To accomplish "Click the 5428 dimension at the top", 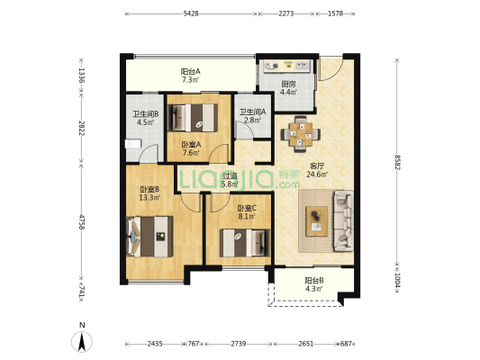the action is tap(191, 13).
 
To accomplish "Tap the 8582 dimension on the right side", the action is tap(397, 162).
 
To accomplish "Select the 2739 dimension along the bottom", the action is tap(238, 344).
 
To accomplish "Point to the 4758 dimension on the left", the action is tap(81, 221).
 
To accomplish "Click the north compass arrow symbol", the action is tap(82, 342).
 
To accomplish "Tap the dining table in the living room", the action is tap(301, 134).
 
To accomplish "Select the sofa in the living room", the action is tap(343, 220).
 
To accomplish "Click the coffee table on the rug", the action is tap(317, 221).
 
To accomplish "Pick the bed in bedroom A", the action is tap(193, 118).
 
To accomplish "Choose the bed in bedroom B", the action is tap(149, 237).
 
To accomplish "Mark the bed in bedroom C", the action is tap(245, 243).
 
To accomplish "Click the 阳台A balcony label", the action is tap(190, 72).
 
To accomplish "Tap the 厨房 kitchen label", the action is tap(288, 84).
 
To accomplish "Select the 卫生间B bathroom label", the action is tap(145, 114).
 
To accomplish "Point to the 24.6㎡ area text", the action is tap(317, 175).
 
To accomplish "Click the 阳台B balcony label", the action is tap(314, 280).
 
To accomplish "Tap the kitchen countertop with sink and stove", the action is tap(287, 66).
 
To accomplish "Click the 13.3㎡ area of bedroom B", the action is tap(149, 198).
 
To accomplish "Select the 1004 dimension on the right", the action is tap(397, 280).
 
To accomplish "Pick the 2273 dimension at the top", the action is tap(285, 13).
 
